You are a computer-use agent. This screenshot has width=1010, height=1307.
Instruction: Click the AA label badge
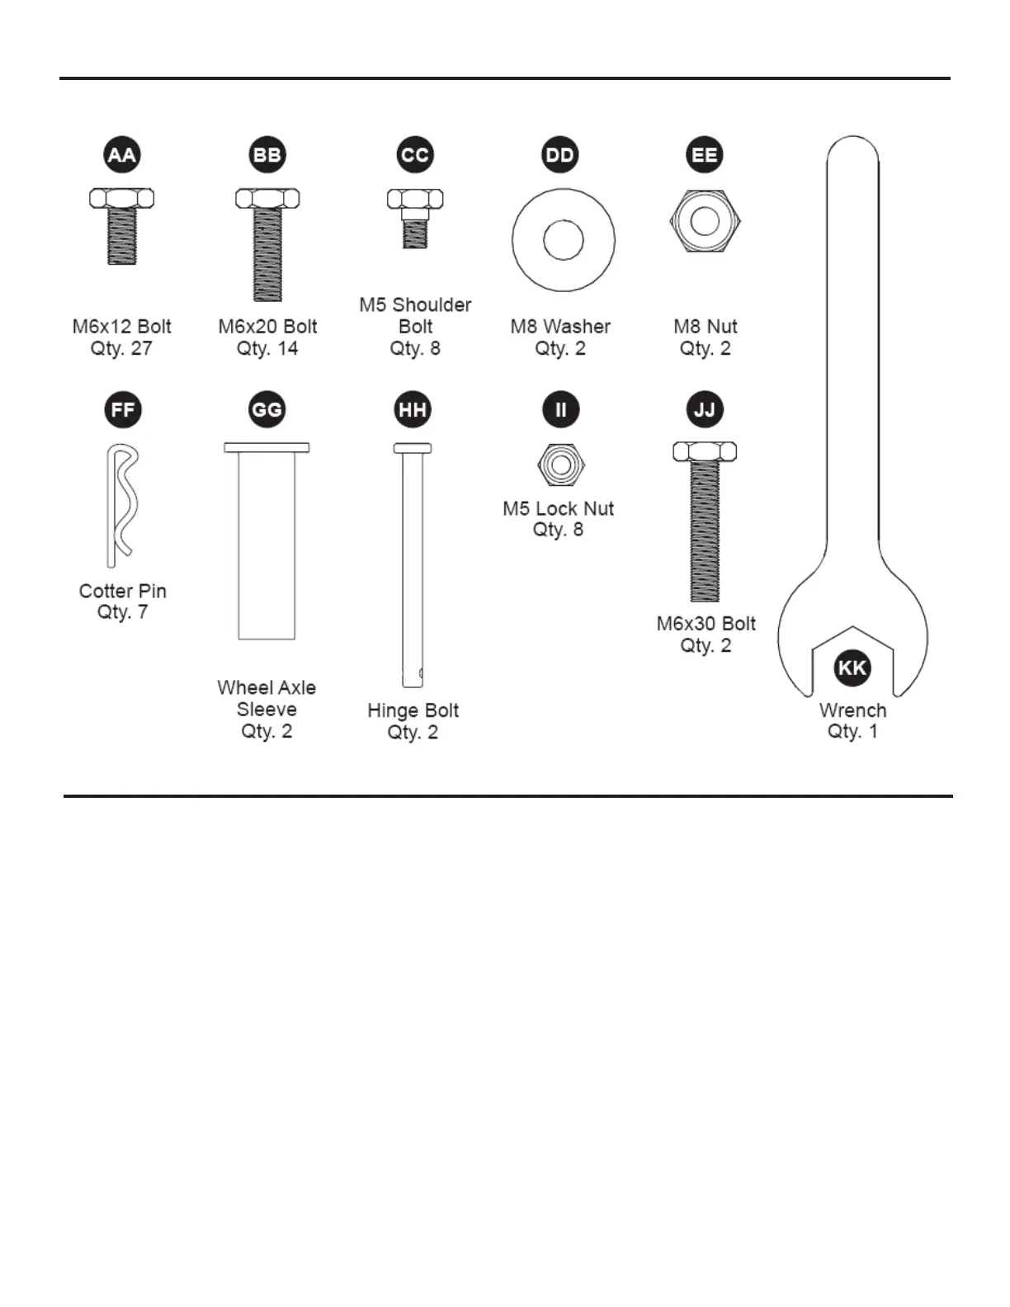(122, 155)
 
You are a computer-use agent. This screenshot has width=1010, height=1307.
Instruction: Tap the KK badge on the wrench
(852, 667)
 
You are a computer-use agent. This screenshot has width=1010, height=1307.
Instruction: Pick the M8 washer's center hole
(564, 240)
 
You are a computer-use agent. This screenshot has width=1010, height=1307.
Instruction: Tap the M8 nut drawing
(705, 221)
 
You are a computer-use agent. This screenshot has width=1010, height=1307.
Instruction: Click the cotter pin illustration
(122, 504)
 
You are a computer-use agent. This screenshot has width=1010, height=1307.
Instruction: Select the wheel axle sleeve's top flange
(267, 448)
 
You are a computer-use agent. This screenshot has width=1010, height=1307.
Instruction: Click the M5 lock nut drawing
(560, 465)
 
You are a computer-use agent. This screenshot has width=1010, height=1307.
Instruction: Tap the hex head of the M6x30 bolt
(705, 451)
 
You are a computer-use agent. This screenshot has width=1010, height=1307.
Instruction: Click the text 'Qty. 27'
(121, 348)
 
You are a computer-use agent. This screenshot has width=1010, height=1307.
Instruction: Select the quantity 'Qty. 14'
(267, 348)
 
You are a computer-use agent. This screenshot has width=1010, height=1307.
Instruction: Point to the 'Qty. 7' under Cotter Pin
(122, 612)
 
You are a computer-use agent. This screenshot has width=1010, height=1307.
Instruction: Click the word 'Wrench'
(852, 710)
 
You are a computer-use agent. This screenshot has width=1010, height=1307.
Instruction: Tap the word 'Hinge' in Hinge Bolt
(392, 711)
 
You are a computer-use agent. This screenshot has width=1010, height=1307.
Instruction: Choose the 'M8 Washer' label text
(560, 327)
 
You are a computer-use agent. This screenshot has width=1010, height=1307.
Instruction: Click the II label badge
(560, 410)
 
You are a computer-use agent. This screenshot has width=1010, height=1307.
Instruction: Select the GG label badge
(267, 410)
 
